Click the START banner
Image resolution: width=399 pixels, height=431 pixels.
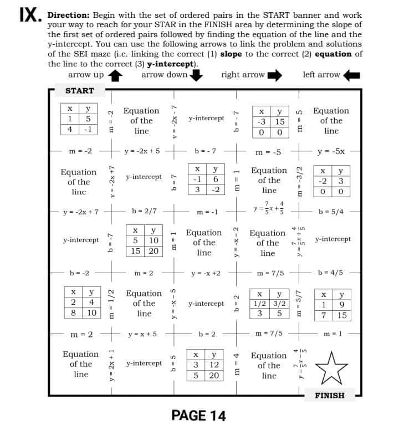[79, 90]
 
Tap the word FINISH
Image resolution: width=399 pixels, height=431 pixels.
[329, 396]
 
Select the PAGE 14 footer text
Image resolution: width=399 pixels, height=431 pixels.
[198, 415]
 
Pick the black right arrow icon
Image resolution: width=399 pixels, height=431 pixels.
[275, 75]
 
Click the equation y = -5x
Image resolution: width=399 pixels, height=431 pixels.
[331, 151]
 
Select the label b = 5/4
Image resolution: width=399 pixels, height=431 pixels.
[331, 212]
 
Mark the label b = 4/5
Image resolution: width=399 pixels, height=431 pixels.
[331, 273]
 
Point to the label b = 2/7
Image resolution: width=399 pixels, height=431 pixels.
[144, 211]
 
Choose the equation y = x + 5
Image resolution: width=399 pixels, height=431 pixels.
[142, 334]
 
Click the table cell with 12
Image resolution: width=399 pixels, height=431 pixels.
[213, 365]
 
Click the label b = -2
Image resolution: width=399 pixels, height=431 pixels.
[79, 273]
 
